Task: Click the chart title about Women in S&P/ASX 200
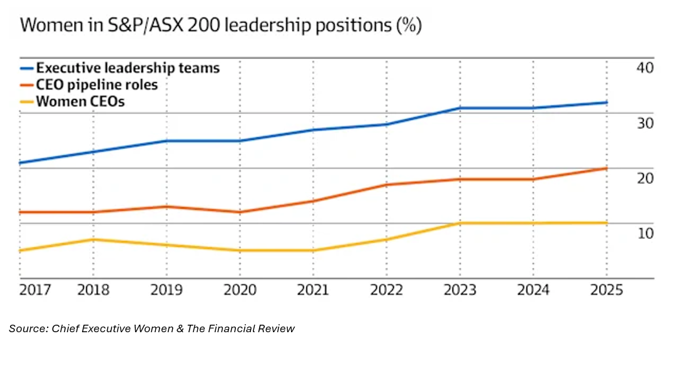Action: coord(221,27)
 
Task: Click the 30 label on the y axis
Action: coord(645,123)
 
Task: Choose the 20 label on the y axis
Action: coord(645,178)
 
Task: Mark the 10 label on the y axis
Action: coord(645,233)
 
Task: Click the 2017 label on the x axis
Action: coord(35,290)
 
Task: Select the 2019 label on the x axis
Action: coord(166,290)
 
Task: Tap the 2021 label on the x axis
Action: coord(313,290)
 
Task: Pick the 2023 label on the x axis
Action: coord(459,290)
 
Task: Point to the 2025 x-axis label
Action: coord(606,290)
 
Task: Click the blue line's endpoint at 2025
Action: coord(606,103)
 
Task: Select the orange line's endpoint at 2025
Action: coord(606,168)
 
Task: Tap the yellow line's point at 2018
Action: coord(93,240)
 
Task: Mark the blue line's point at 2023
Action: coord(459,108)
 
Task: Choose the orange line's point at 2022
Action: coord(386,185)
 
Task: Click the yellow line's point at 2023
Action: coord(459,223)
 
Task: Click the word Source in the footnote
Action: coord(26,328)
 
